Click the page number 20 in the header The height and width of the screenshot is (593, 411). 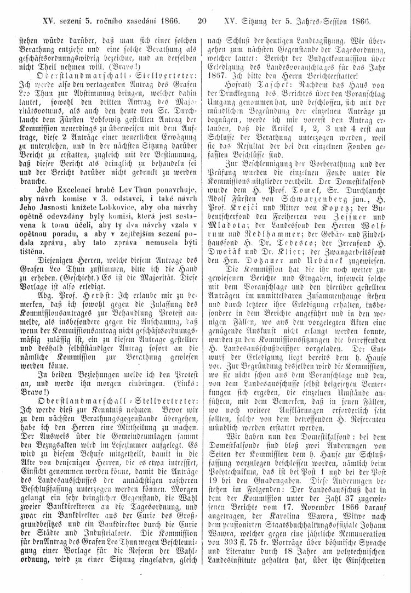click(x=201, y=21)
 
